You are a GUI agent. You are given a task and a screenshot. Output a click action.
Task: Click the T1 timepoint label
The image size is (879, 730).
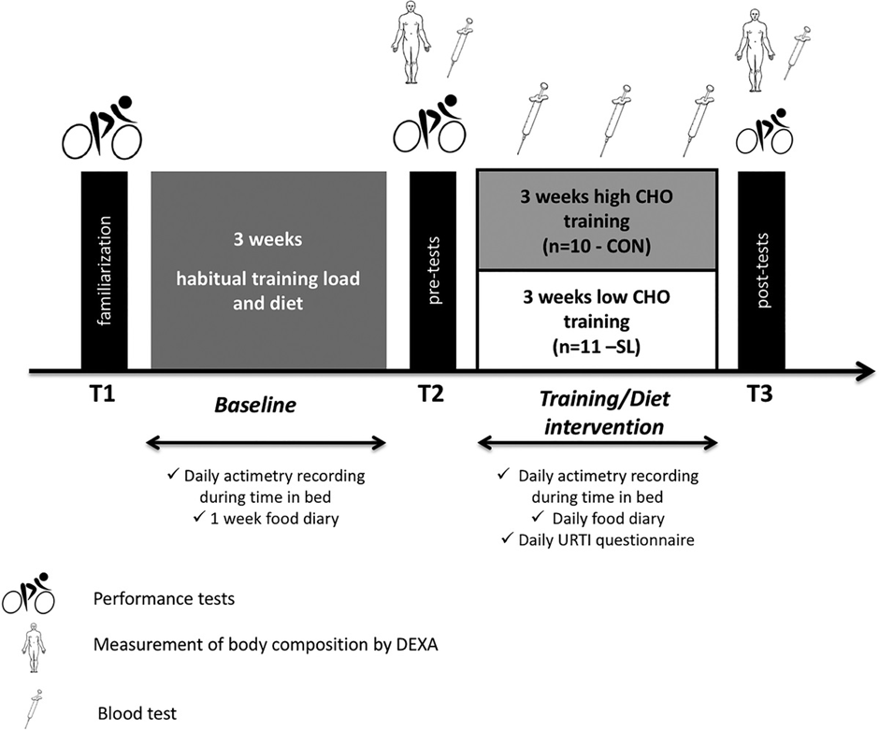pyautogui.click(x=102, y=394)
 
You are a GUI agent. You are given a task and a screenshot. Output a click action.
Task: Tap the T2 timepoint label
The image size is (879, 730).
pyautogui.click(x=430, y=394)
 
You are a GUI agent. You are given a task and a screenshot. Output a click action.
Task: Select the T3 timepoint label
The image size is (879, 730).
pyautogui.click(x=759, y=394)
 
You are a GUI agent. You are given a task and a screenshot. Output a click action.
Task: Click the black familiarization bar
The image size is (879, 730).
pyautogui.click(x=105, y=270)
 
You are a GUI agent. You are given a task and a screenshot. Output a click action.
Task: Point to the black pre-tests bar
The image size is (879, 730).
pyautogui.click(x=433, y=270)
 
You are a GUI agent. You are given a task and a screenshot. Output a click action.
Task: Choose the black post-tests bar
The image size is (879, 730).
pyautogui.click(x=761, y=270)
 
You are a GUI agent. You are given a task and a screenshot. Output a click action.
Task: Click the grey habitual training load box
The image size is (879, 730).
pyautogui.click(x=268, y=270)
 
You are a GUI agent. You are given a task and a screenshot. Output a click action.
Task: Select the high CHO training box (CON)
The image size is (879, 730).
pyautogui.click(x=597, y=220)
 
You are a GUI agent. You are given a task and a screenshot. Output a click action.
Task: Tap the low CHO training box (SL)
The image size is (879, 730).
pyautogui.click(x=597, y=320)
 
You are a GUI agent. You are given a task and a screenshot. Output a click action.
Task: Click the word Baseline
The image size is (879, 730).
pyautogui.click(x=255, y=405)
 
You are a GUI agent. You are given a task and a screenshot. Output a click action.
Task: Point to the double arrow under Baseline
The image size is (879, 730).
pyautogui.click(x=267, y=444)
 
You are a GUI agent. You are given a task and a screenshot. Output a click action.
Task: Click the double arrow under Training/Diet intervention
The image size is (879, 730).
pyautogui.click(x=598, y=444)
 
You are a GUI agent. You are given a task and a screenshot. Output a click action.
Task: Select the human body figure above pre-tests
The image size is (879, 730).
pyautogui.click(x=411, y=41)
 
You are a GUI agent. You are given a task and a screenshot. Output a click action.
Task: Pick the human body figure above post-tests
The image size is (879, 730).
pyautogui.click(x=756, y=50)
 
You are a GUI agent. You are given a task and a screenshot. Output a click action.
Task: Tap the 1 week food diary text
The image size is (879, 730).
pyautogui.click(x=274, y=519)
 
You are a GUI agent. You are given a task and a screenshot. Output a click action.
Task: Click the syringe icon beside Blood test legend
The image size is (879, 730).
pyautogui.click(x=34, y=709)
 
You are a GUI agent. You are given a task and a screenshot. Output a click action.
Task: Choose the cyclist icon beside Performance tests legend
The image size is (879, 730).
pyautogui.click(x=28, y=594)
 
